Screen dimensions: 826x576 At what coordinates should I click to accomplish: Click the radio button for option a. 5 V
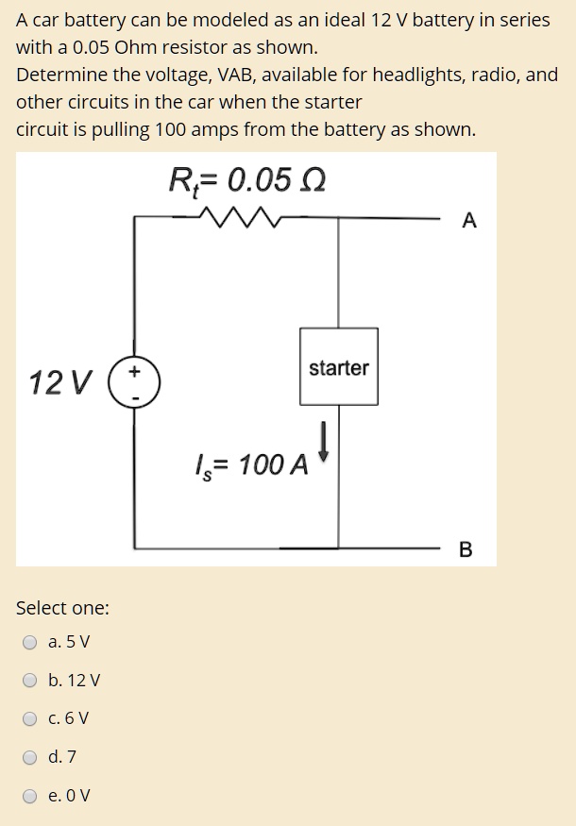pos(31,643)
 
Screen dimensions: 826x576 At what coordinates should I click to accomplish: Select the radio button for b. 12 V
pos(31,681)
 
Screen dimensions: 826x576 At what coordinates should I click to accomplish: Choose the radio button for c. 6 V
pos(31,718)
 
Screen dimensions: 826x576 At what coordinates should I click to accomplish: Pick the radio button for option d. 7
pos(31,757)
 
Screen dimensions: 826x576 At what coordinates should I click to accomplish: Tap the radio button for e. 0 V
pos(31,795)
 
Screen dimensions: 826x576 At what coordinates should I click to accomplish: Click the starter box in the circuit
pos(339,367)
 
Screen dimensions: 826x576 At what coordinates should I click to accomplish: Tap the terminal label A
pos(469,221)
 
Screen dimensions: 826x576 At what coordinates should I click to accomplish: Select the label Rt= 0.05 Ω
pos(248,179)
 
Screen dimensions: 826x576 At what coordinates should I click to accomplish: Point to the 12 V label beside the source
pos(60,383)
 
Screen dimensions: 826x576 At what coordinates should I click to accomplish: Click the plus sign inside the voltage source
pos(136,373)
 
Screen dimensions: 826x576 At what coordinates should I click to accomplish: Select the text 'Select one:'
pos(62,608)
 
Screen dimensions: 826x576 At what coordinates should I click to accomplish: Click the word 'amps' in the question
pos(219,129)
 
